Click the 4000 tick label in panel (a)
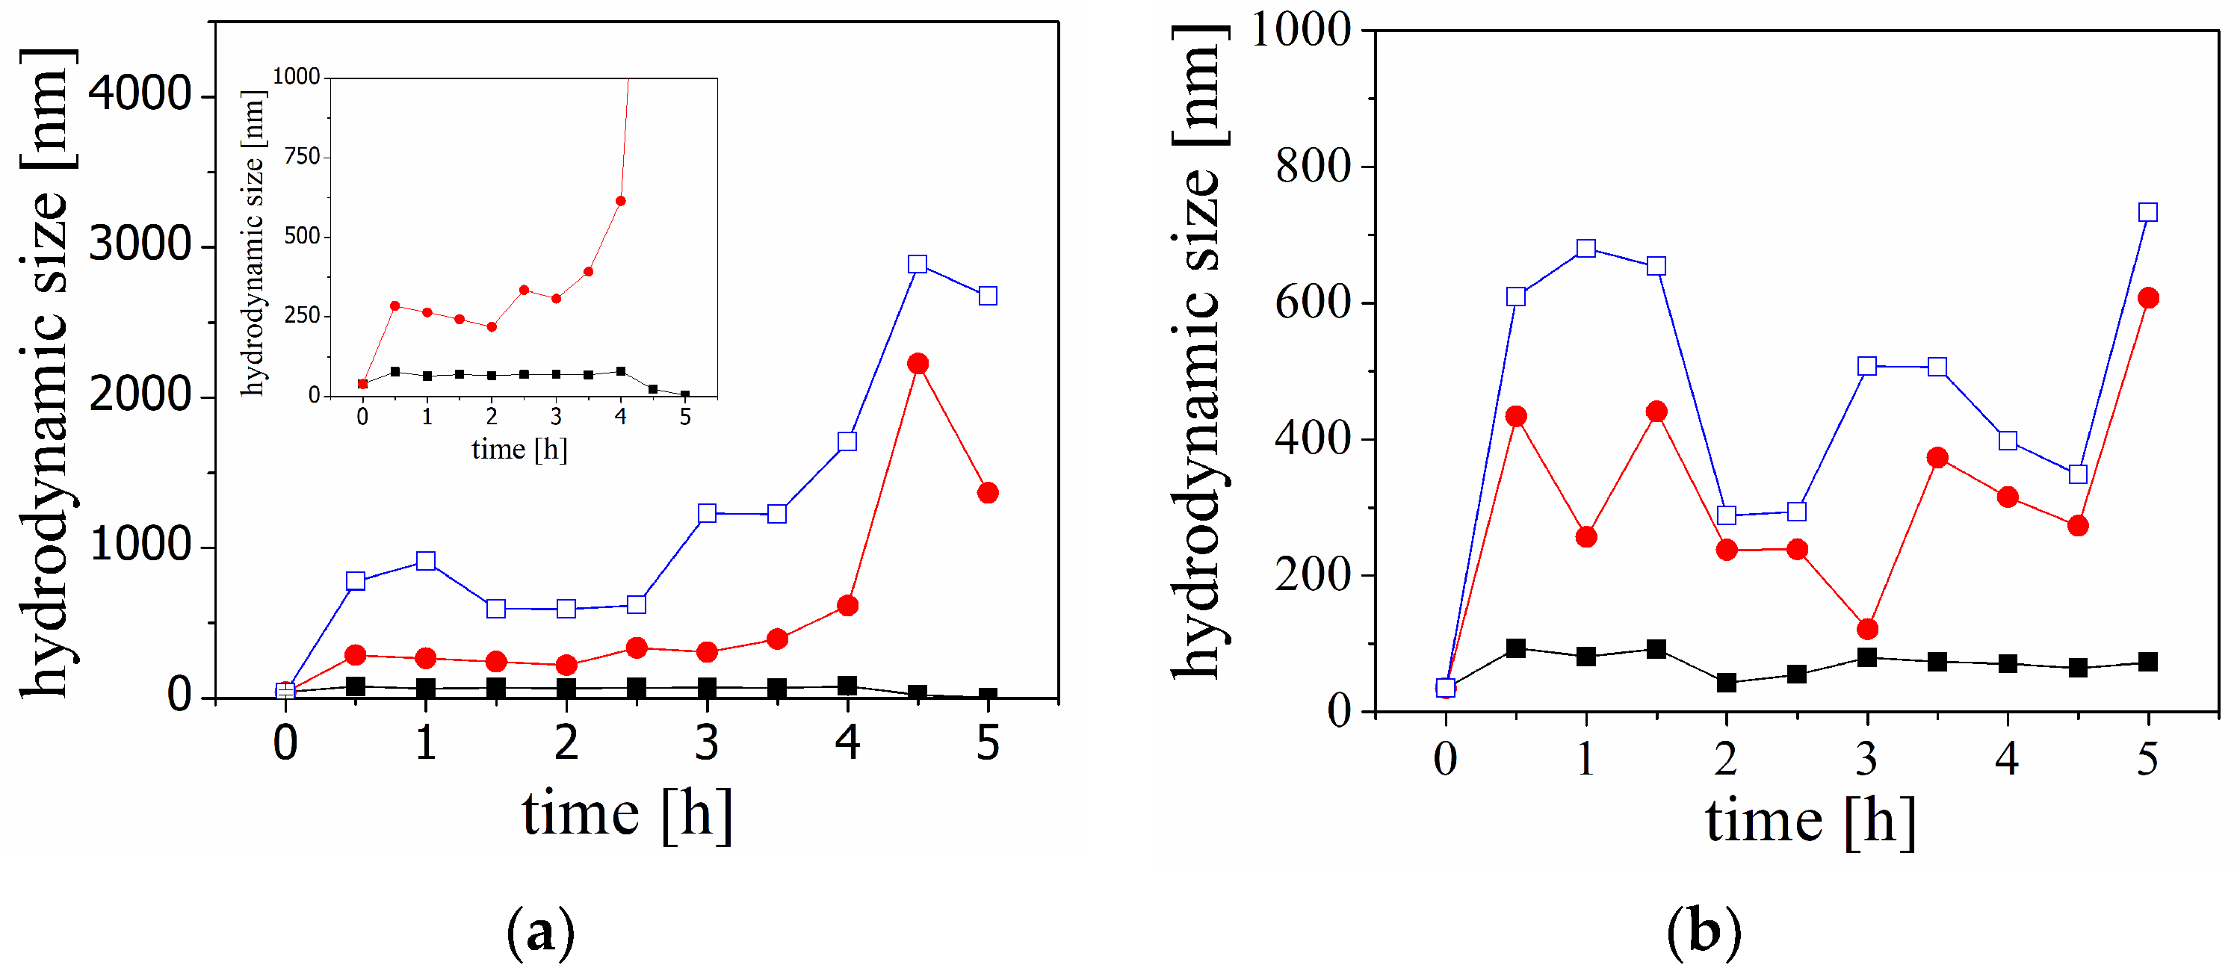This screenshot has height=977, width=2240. pyautogui.click(x=140, y=93)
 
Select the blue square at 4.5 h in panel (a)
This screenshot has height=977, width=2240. pyautogui.click(x=918, y=264)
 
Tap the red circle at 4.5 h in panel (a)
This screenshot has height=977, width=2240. pyautogui.click(x=918, y=363)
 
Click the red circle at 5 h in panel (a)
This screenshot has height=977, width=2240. pyautogui.click(x=988, y=493)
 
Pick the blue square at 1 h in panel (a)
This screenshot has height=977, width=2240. pyautogui.click(x=426, y=561)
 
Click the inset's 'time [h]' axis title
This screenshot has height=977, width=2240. pyautogui.click(x=519, y=450)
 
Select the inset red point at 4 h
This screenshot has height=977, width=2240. pyautogui.click(x=621, y=201)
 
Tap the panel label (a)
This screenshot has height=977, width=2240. pyautogui.click(x=541, y=933)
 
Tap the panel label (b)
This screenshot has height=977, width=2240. pyautogui.click(x=1704, y=933)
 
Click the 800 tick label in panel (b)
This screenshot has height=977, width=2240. pyautogui.click(x=1313, y=166)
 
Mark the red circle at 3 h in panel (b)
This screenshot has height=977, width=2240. pyautogui.click(x=1867, y=628)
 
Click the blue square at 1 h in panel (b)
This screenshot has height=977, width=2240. pyautogui.click(x=1586, y=249)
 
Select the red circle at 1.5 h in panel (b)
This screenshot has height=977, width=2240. pyautogui.click(x=1656, y=411)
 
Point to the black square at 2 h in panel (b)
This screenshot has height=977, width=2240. pyautogui.click(x=1727, y=683)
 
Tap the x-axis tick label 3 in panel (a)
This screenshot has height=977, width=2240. pyautogui.click(x=707, y=743)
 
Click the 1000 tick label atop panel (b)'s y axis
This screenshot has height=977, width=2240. pyautogui.click(x=1301, y=30)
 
